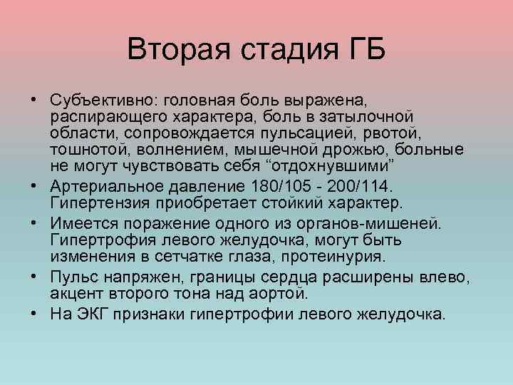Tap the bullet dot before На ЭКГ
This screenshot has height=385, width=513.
click(33, 312)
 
